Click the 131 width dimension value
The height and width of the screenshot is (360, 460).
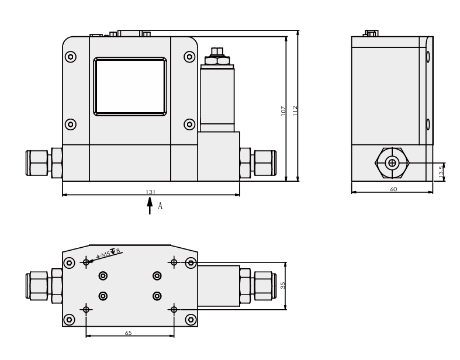tap(150, 192)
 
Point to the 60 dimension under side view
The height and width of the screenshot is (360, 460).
tap(393, 189)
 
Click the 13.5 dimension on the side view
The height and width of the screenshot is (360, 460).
tap(441, 172)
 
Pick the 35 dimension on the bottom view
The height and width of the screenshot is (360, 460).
tap(283, 286)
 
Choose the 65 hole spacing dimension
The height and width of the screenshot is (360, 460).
tap(128, 333)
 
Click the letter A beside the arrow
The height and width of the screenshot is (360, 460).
tap(160, 206)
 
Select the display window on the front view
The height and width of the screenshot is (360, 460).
tap(130, 86)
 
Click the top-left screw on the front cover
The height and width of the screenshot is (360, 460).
tap(71, 57)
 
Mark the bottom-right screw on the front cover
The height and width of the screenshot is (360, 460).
tap(189, 124)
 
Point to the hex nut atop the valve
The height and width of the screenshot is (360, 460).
tap(217, 60)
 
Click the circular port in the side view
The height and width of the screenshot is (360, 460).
tap(392, 162)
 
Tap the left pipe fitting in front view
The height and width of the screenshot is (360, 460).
tap(44, 162)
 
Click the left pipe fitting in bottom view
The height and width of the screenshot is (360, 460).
tap(44, 286)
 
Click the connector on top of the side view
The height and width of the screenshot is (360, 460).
tap(371, 33)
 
